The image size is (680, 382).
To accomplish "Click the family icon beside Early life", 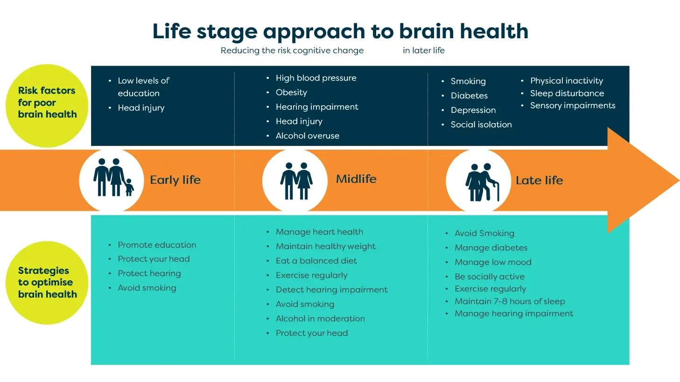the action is point(112,180).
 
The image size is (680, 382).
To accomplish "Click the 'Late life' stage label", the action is point(539,180).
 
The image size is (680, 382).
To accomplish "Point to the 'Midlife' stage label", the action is point(356,179).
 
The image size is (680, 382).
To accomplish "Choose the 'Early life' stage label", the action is point(175,180).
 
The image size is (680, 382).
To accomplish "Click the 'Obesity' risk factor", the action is point(291,92).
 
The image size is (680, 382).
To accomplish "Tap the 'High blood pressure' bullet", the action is point(316,78).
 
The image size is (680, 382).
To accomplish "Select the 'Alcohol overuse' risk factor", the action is point(308,136).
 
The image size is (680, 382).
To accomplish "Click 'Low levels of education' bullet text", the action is point(143,87).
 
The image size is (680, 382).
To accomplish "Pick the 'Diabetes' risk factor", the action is point(469,96).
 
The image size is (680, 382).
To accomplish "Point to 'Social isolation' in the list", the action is point(481,125).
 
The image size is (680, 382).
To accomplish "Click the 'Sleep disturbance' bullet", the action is point(567,93).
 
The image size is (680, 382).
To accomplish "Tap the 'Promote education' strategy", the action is point(157,245).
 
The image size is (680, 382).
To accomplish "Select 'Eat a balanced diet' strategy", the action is point(316,261).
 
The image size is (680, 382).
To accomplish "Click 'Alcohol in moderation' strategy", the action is point(320,319).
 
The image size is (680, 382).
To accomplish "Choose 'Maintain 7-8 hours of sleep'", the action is point(510,301).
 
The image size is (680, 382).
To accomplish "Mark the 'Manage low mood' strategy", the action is point(493,262).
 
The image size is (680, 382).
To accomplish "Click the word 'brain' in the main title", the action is point(426,31).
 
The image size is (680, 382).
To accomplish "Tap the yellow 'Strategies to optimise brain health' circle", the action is point(47,283).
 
